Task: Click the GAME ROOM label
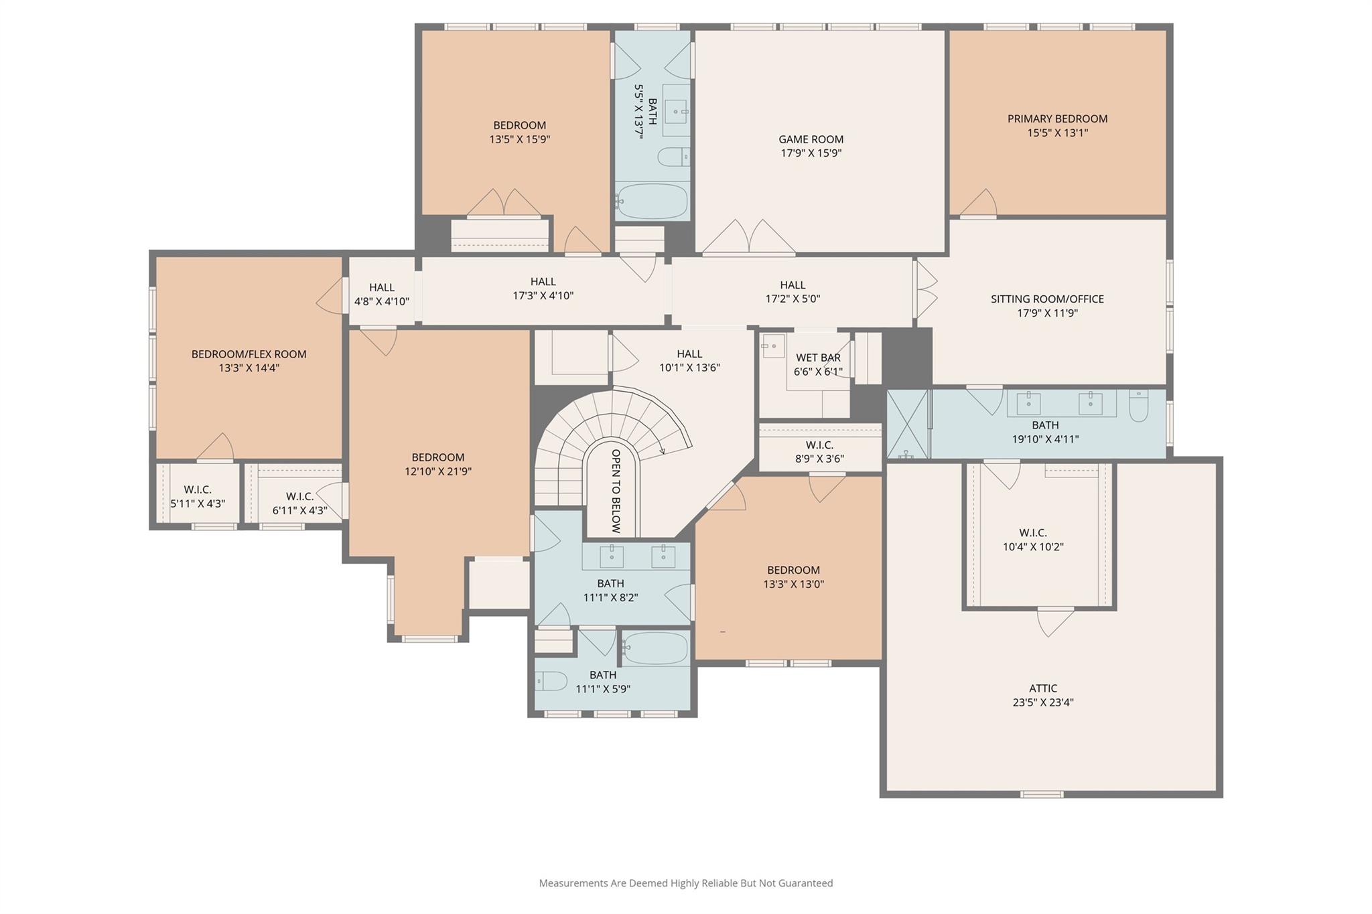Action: (x=811, y=139)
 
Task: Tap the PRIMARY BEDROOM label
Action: (x=1057, y=119)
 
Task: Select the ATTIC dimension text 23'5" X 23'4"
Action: (x=1043, y=702)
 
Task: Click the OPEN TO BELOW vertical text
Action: (x=616, y=491)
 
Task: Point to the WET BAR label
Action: (x=818, y=358)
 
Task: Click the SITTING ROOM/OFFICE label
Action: (x=1047, y=299)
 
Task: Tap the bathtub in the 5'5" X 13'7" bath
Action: (x=652, y=202)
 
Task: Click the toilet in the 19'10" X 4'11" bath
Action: (x=1138, y=406)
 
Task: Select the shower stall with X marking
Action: (x=907, y=424)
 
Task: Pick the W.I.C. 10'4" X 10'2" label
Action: (x=1032, y=532)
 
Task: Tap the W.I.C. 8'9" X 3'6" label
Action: (x=819, y=445)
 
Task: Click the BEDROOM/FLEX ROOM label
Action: (x=249, y=354)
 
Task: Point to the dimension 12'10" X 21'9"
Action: (x=437, y=471)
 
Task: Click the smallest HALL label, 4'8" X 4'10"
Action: (x=381, y=287)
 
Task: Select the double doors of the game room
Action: (x=748, y=238)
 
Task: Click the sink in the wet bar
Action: (x=772, y=346)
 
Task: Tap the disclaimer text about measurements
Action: (x=685, y=883)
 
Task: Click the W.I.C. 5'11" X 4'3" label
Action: (x=197, y=489)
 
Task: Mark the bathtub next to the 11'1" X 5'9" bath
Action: (x=655, y=648)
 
